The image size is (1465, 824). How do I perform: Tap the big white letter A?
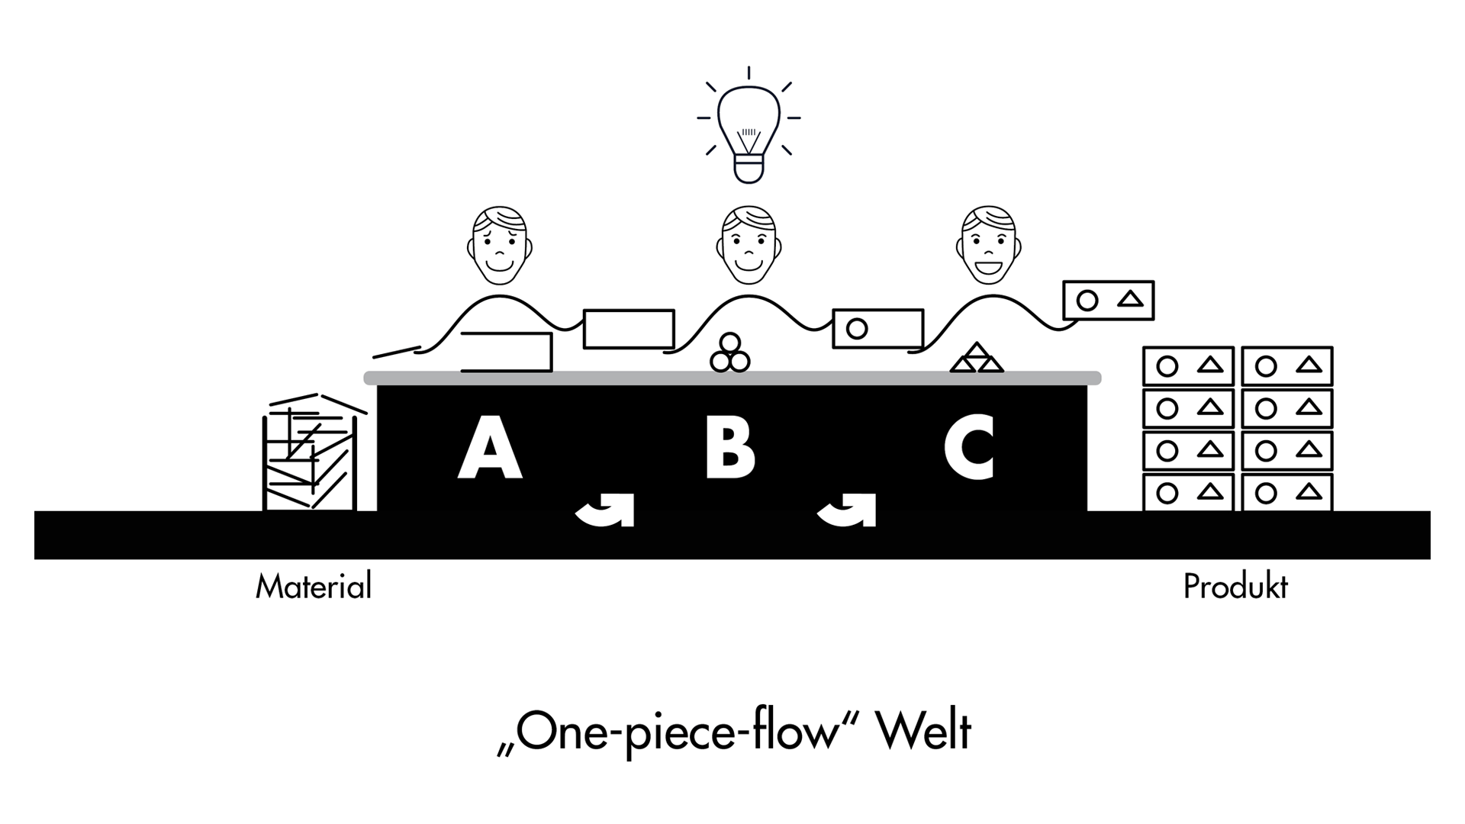click(490, 448)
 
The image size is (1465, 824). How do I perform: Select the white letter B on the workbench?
click(730, 448)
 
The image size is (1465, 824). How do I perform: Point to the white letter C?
click(970, 448)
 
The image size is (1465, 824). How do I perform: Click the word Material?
click(314, 587)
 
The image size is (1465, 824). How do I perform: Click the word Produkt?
click(1235, 587)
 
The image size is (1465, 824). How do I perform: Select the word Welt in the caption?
click(923, 732)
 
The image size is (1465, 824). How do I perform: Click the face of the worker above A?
click(500, 246)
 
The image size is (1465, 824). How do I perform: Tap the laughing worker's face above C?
click(989, 246)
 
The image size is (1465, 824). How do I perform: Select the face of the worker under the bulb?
click(749, 246)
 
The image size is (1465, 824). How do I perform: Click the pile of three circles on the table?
click(730, 354)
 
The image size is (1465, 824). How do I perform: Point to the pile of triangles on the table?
click(977, 359)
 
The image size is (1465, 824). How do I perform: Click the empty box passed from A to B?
click(629, 329)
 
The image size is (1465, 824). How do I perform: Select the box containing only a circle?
click(877, 329)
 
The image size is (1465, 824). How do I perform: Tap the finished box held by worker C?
click(1108, 300)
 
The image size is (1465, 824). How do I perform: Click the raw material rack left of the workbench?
click(311, 453)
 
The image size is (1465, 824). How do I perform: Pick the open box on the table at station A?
click(507, 352)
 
